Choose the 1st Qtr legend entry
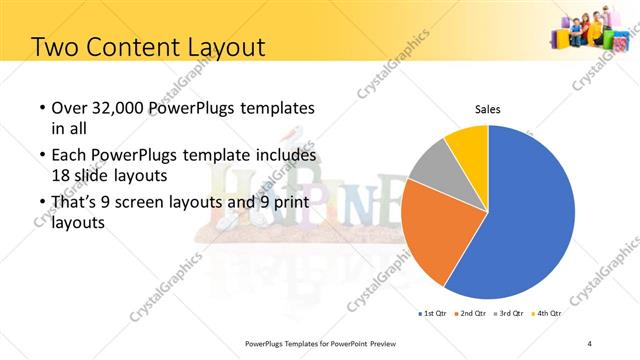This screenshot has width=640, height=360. click(435, 313)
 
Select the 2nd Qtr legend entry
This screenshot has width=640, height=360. click(474, 313)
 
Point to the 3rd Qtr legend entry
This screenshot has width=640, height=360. click(512, 313)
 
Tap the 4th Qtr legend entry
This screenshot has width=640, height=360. click(549, 313)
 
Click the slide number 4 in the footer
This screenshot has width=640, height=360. click(590, 343)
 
